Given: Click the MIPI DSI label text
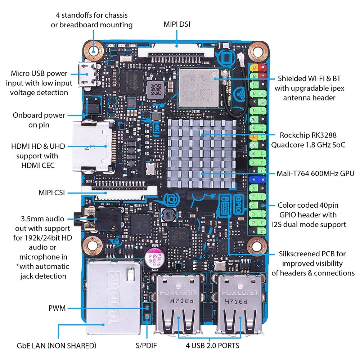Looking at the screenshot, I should click(177, 24).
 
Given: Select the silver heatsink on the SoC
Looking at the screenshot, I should click(202, 154).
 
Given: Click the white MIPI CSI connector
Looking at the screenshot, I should click(119, 192).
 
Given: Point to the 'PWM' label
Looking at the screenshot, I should click(57, 309).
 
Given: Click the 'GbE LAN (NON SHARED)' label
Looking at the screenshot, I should click(57, 346).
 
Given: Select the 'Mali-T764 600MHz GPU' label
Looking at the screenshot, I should click(315, 174).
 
